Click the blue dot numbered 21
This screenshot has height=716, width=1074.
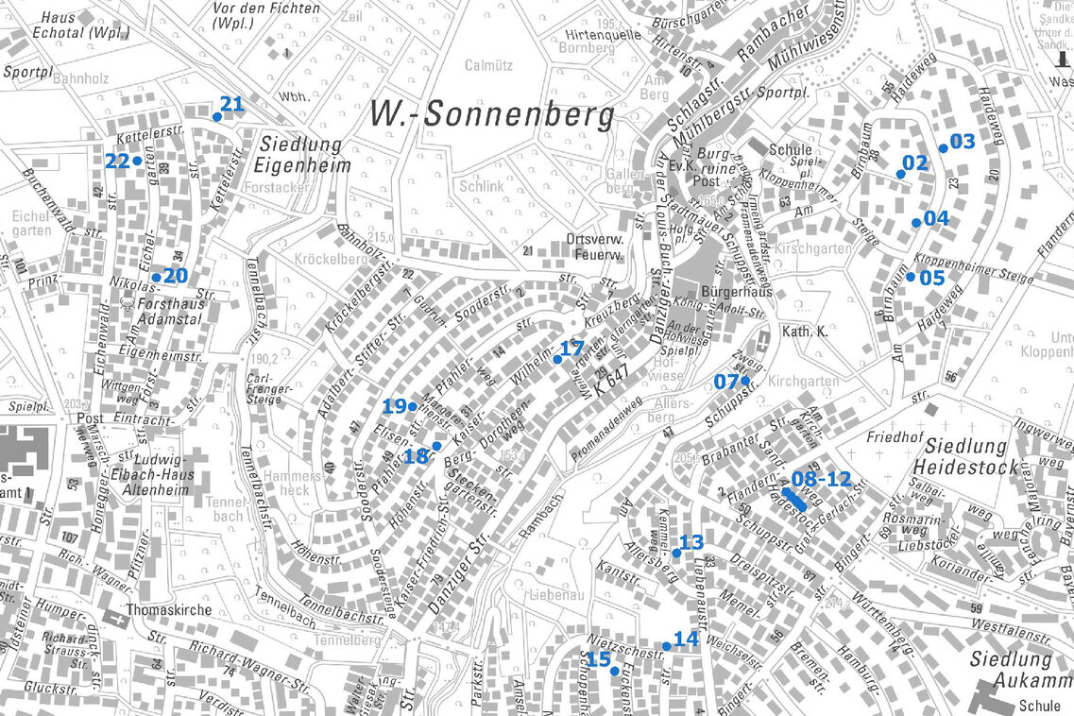[x=216, y=117]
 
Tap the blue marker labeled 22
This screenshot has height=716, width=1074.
[x=137, y=161]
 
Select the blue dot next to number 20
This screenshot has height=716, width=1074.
[x=156, y=278]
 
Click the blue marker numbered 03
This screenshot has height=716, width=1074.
[x=943, y=148]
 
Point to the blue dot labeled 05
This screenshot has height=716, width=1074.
[x=911, y=277]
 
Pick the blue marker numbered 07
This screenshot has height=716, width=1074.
[x=745, y=381]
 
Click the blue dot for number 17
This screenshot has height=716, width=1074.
[x=557, y=360]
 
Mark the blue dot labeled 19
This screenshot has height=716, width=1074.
[x=413, y=406]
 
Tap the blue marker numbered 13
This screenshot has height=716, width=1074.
[x=676, y=553]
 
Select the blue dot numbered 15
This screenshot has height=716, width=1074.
[x=614, y=671]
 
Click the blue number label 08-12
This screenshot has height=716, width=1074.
[x=821, y=478]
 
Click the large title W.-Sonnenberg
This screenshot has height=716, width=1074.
[x=491, y=114]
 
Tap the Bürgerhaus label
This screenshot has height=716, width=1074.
[x=737, y=292]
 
